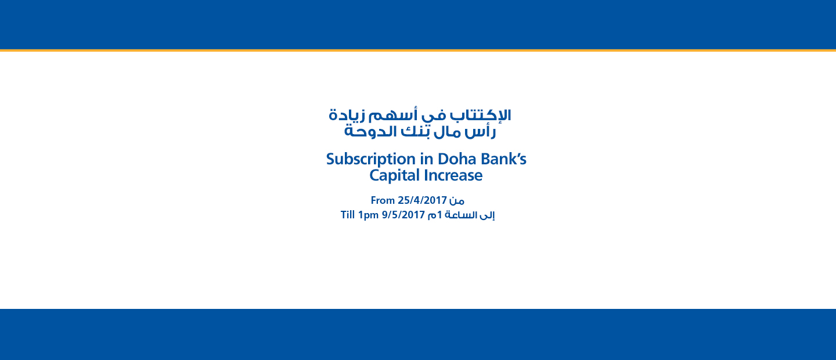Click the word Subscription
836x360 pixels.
(370, 160)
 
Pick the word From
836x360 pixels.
(383, 200)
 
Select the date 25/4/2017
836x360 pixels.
(422, 200)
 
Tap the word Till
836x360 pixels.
(347, 215)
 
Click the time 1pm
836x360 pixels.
(368, 215)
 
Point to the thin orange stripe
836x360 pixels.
(418, 51)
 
